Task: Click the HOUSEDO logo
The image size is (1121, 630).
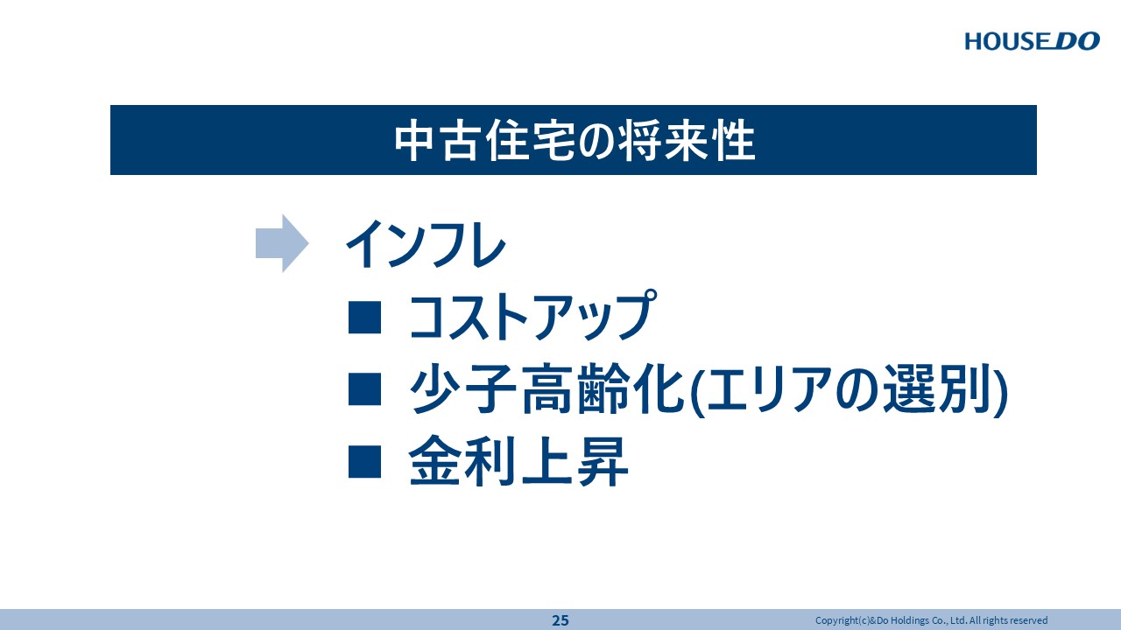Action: [x=1032, y=41]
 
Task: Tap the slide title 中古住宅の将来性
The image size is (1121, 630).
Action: [x=575, y=140]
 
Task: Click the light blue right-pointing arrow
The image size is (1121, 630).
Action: [x=282, y=243]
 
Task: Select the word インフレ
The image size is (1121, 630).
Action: [x=426, y=244]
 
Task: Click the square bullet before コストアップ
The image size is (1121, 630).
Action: [x=365, y=318]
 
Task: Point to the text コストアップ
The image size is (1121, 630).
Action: [x=532, y=316]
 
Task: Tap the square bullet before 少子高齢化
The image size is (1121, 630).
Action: [x=365, y=388]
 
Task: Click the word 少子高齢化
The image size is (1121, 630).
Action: [x=546, y=388]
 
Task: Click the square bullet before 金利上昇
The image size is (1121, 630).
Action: [x=365, y=461]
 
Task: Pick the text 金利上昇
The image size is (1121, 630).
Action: [x=518, y=461]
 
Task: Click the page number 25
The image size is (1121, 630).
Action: [x=560, y=620]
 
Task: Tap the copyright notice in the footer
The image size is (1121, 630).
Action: [x=931, y=620]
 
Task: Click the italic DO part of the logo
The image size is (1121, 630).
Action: [x=1077, y=41]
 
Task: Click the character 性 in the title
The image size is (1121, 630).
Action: [x=735, y=141]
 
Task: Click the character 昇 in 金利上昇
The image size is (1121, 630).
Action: [x=603, y=461]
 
